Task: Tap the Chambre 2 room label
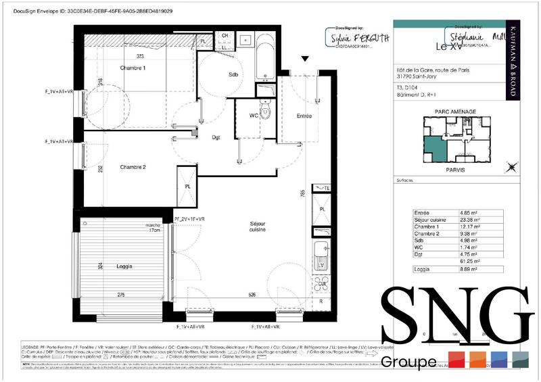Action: [133, 167]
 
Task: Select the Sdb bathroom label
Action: [234, 74]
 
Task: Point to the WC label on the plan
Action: [254, 116]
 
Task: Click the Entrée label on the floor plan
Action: [304, 116]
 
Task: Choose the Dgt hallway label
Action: [216, 138]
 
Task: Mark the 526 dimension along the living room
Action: [251, 295]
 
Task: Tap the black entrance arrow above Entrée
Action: [306, 60]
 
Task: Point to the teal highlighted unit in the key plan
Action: [433, 147]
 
